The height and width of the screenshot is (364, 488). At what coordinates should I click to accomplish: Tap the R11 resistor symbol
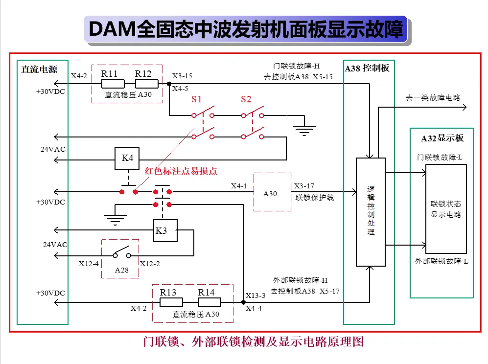point(113,84)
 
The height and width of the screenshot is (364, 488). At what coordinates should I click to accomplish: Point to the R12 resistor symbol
point(147,84)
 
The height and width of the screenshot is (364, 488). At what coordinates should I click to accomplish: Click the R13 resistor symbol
point(171,302)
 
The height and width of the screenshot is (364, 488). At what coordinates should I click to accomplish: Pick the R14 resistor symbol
point(209,302)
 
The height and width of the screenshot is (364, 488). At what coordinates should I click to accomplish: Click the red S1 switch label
point(196,99)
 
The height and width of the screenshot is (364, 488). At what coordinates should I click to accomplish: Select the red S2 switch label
point(246,99)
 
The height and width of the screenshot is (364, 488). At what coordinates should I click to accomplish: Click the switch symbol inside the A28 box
point(122,252)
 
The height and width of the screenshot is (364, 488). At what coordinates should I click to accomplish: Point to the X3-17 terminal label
point(304,186)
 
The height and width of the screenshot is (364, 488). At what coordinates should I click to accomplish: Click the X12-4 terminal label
point(89,264)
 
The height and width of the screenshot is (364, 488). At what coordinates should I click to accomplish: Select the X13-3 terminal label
point(256,295)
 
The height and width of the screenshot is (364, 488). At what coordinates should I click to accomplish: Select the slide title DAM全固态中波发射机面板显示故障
point(246,29)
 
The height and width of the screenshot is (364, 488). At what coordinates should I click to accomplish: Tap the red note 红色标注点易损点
point(181,171)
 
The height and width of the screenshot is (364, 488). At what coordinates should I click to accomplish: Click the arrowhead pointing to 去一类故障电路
point(465,107)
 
